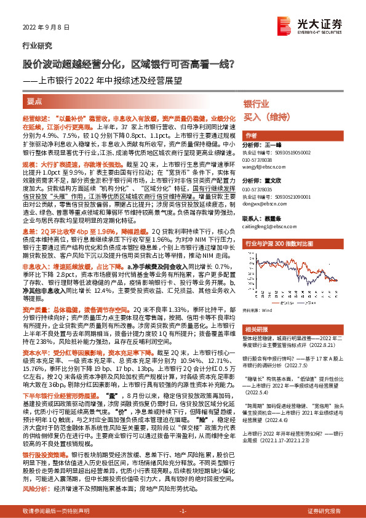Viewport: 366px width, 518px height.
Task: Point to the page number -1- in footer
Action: pos(183,511)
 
